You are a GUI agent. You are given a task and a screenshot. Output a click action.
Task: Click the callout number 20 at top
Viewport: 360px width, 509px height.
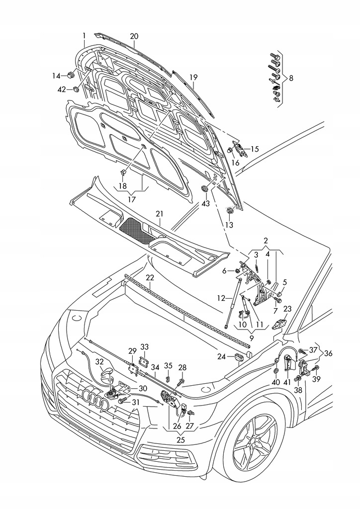134,36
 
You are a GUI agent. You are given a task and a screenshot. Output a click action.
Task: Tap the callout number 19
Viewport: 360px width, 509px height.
193,78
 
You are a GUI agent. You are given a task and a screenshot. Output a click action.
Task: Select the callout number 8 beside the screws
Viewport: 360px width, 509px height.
291,78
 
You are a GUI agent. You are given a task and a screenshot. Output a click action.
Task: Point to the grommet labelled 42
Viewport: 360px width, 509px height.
76,89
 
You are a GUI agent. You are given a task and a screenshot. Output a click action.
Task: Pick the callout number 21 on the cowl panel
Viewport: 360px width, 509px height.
159,214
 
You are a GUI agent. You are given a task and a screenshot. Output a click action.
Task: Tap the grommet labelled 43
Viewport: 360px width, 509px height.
204,189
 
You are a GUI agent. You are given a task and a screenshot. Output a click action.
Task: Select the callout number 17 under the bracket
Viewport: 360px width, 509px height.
132,199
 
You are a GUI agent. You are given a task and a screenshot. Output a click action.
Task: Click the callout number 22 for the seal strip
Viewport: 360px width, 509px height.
150,277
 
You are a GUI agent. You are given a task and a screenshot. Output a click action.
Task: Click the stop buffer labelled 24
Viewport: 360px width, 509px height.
238,356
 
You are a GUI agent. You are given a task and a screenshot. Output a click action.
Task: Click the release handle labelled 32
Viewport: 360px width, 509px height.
108,373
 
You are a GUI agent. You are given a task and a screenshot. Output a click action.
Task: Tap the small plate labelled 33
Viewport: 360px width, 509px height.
144,361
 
